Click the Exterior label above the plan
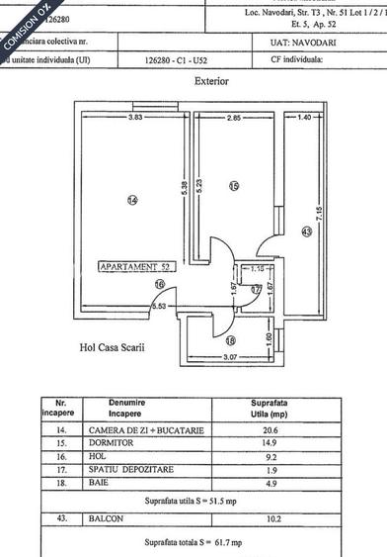(212, 81)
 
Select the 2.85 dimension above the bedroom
(233, 119)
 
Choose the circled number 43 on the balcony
(306, 232)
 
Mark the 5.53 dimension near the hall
(157, 308)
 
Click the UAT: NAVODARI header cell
(297, 44)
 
